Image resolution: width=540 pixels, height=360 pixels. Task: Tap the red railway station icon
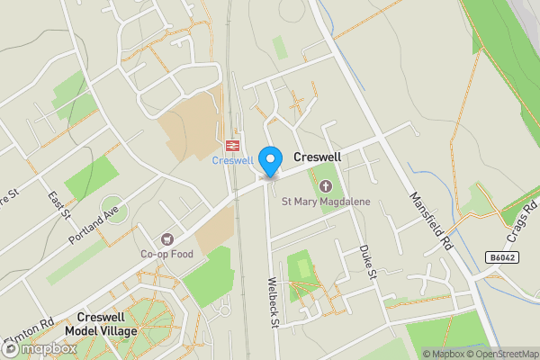[x=232, y=145]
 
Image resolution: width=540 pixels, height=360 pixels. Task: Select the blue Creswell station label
[x=232, y=161]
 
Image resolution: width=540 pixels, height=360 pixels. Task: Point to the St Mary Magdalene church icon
[x=326, y=186]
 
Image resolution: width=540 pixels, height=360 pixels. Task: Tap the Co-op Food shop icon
[x=167, y=239]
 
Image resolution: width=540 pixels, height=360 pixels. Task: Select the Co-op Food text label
[x=167, y=255]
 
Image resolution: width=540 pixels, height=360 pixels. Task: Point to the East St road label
[x=59, y=203]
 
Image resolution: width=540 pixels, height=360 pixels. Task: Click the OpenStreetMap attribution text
[x=500, y=354]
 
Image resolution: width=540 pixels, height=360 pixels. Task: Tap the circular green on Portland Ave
[x=114, y=210]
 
